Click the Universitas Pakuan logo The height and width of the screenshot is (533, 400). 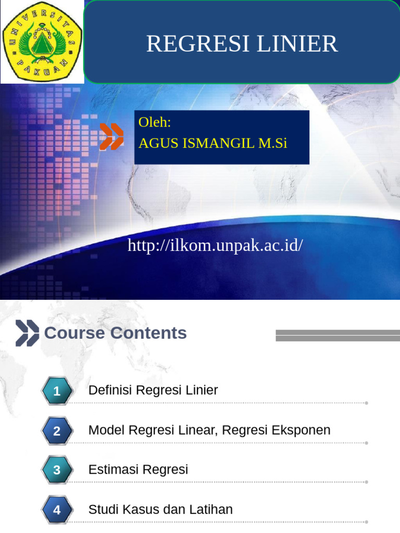[x=42, y=42]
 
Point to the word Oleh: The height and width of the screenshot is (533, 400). [x=155, y=122]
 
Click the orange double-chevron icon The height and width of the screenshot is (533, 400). [x=111, y=137]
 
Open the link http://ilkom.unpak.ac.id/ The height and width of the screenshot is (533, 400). [x=215, y=245]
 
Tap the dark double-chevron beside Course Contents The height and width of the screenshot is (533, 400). [x=27, y=333]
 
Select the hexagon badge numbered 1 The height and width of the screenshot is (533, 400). [x=57, y=391]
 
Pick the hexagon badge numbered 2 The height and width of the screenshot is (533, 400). [x=57, y=431]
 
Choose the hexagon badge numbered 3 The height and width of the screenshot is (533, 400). [x=57, y=470]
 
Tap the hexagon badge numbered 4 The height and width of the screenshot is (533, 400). [x=57, y=510]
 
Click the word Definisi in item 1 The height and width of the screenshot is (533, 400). [x=109, y=390]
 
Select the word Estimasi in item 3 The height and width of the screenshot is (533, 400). [x=113, y=469]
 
